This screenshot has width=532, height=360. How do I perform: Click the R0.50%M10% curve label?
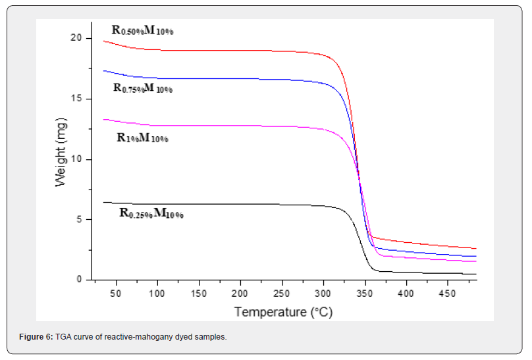(143, 30)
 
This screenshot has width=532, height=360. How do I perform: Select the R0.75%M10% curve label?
(143, 88)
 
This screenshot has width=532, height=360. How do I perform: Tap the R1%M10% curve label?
(142, 138)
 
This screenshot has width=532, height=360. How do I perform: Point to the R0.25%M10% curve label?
(151, 213)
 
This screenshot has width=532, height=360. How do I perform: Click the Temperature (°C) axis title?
(283, 311)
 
